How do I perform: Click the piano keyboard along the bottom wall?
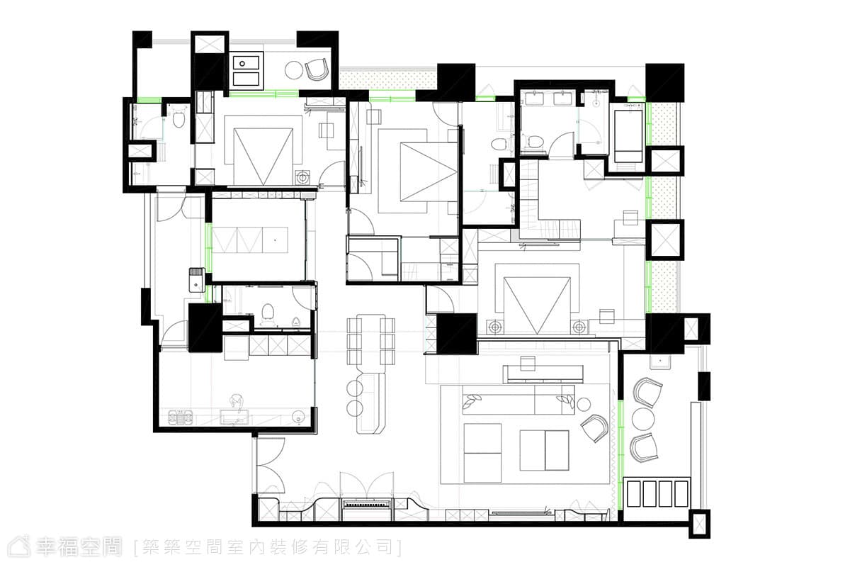(367, 505)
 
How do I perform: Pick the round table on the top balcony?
(295, 70)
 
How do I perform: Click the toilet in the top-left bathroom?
(178, 117)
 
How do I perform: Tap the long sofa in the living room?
(518, 399)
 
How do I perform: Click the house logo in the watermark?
(20, 547)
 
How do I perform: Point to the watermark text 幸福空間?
(79, 547)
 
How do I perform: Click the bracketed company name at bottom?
(268, 548)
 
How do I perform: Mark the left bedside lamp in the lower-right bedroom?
(494, 327)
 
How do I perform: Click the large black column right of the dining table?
(456, 334)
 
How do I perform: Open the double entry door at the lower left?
(270, 466)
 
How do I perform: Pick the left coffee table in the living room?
(482, 454)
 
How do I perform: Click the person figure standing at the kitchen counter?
(237, 403)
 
